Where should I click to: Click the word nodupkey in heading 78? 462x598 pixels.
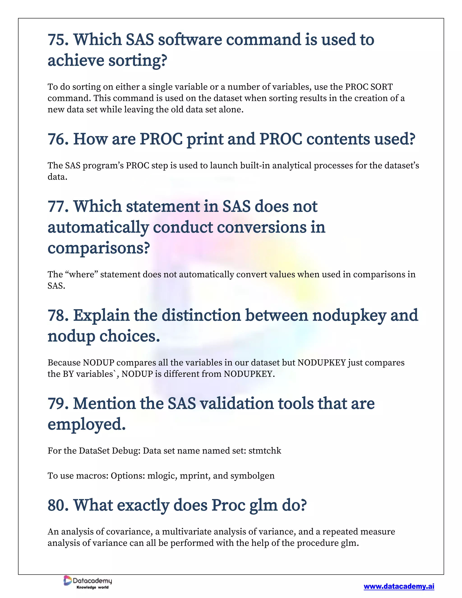pos(349,315)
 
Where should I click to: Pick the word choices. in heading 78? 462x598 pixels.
pos(129,336)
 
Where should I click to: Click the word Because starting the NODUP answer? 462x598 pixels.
pos(64,363)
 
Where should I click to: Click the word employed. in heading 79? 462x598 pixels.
pos(86,424)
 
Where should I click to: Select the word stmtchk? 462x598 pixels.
pos(265,451)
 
